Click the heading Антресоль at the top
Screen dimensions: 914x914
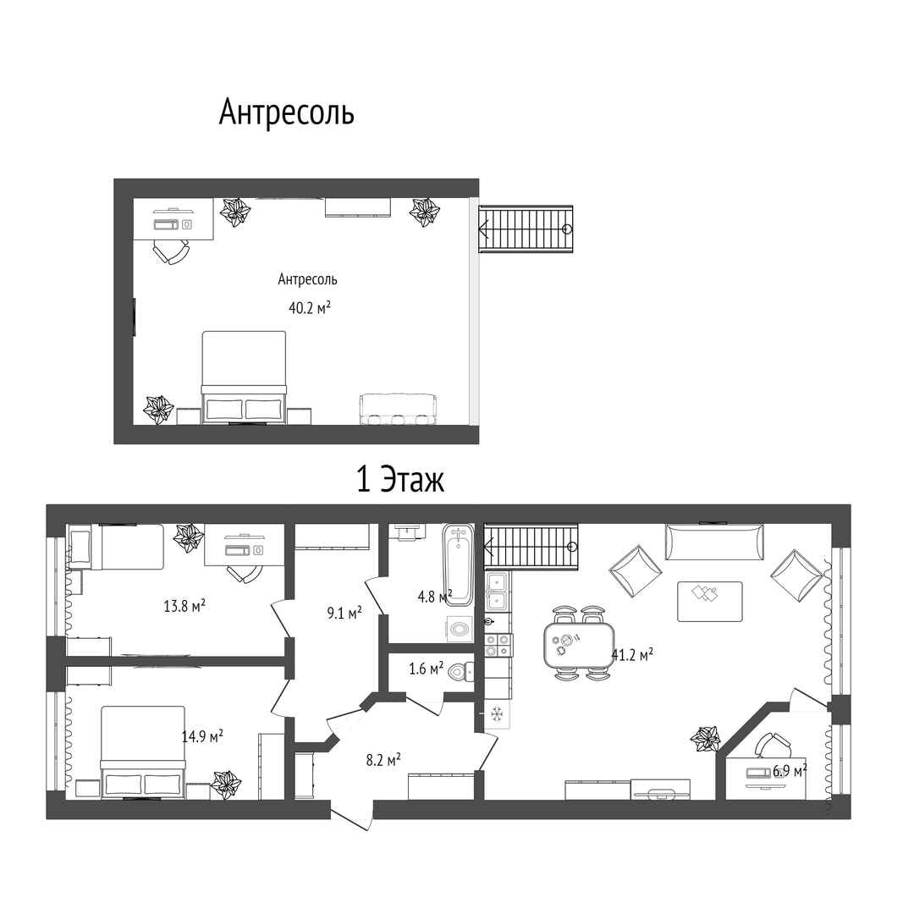286,112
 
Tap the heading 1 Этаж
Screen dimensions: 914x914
399,480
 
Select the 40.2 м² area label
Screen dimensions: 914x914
310,307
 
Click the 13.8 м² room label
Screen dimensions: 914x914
184,606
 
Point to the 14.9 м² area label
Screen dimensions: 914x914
202,736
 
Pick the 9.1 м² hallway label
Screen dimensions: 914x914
344,613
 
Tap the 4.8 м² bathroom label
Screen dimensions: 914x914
434,597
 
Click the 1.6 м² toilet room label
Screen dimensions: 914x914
426,668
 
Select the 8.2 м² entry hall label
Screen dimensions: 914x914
383,759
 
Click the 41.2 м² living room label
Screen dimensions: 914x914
632,654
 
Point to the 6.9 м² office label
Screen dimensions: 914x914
790,771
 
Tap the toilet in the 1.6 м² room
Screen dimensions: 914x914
460,672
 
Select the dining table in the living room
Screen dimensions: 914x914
579,644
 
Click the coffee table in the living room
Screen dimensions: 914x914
709,601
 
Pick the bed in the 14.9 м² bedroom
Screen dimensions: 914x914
143,752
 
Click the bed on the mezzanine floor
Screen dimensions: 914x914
244,377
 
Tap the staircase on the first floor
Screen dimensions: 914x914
531,546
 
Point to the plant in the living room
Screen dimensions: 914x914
705,738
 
